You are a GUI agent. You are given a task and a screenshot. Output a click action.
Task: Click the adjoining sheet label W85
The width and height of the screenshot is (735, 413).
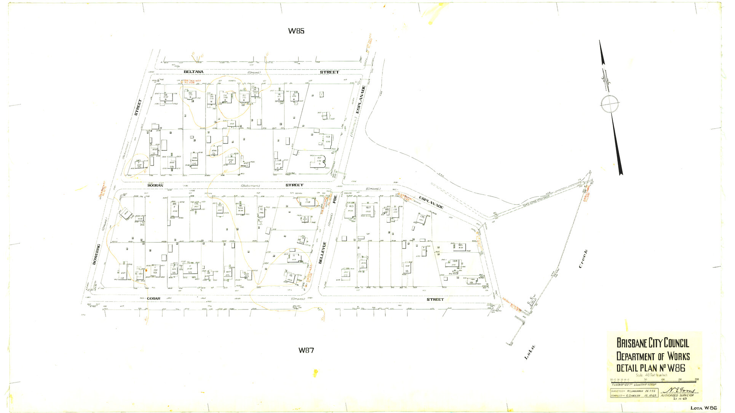pos(296,31)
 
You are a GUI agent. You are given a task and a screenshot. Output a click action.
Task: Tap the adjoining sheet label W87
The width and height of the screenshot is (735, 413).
pos(306,350)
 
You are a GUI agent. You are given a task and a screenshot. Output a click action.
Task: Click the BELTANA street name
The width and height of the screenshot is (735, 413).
pos(193,72)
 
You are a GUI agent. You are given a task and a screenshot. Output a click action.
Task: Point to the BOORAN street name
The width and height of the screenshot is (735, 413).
pos(155,185)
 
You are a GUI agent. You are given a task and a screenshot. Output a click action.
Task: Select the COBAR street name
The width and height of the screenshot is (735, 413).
pos(153,298)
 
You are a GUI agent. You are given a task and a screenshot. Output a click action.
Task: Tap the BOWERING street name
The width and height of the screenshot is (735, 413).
pos(97,254)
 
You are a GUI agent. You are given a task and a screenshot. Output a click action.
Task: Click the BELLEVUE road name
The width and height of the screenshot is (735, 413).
pos(323,252)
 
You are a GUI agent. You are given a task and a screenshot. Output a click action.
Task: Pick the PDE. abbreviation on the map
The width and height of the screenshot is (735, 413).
pos(335,199)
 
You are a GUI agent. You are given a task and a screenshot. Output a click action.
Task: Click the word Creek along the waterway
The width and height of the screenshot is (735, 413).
pos(583,259)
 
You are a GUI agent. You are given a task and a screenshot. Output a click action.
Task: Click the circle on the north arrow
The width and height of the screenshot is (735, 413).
pos(610,103)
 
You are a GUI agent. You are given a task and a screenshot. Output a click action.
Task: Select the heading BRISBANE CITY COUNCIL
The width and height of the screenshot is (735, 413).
pos(652,343)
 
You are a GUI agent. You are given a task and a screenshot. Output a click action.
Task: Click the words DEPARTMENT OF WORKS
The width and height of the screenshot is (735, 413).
pos(653,356)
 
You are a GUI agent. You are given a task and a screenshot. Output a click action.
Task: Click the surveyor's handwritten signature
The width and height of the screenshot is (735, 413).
pos(681,391)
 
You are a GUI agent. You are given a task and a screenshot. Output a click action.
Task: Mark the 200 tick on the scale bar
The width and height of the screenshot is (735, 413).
pos(697,380)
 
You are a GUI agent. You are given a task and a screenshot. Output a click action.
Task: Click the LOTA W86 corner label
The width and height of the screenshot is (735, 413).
pos(704,408)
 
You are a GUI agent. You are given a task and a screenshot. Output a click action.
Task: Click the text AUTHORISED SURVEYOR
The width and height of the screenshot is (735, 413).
pos(677,395)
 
